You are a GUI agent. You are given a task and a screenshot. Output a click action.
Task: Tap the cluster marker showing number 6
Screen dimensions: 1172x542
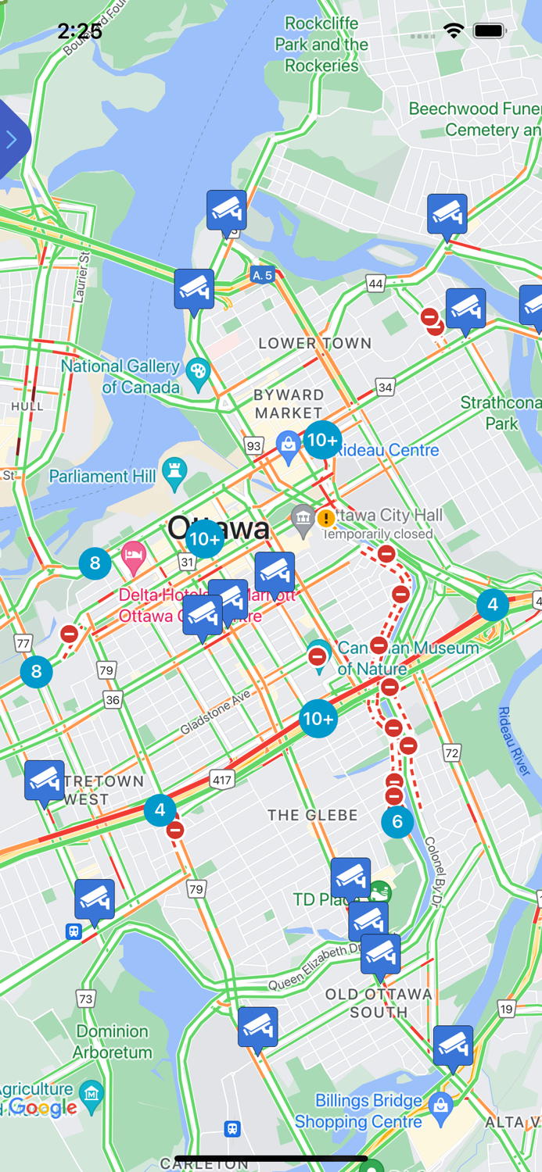[397, 821]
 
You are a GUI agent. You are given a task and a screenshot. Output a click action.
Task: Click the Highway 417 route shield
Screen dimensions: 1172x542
[222, 779]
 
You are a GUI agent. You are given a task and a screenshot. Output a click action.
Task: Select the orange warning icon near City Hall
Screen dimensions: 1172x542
[326, 517]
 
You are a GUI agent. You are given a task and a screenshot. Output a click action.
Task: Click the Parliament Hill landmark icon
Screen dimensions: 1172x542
[174, 472]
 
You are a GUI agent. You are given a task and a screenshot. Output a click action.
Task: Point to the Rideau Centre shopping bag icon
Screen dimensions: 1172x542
[289, 445]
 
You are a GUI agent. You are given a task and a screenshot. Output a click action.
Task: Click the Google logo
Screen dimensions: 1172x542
[42, 1107]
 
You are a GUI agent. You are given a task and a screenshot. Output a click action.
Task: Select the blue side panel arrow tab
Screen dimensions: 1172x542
[12, 140]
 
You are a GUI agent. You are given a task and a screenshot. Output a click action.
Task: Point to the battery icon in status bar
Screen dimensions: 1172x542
[490, 31]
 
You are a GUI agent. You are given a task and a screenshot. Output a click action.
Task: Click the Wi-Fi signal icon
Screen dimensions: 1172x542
[454, 31]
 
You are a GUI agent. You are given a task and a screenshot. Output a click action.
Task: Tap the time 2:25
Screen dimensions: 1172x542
[80, 31]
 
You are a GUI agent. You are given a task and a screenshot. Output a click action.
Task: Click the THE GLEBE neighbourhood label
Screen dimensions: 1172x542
[312, 815]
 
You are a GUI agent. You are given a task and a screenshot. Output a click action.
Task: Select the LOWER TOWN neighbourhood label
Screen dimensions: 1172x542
[314, 343]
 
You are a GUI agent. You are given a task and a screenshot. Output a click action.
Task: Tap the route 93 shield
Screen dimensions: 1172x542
[253, 446]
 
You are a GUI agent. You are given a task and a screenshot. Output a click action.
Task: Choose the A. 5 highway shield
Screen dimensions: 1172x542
[262, 275]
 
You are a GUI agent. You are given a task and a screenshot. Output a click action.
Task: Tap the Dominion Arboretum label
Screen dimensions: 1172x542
[113, 1042]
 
